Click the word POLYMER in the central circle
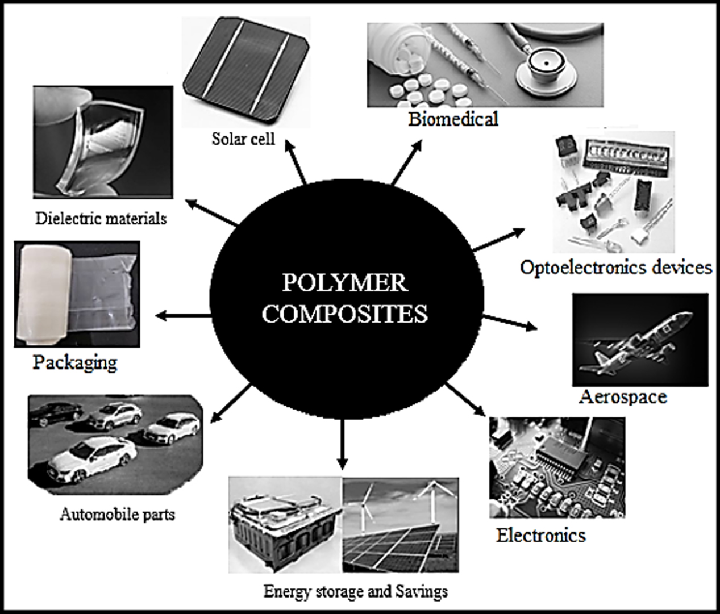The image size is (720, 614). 344,283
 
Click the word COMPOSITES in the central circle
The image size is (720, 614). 344,314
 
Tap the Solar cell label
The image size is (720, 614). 243,139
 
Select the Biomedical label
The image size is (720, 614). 453,119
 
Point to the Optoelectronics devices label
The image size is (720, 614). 616,267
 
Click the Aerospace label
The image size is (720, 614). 623,396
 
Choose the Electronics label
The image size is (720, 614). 540,534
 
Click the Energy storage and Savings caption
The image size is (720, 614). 355,591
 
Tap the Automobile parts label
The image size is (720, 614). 117,515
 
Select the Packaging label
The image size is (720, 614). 74,362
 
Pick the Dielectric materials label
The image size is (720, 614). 101,218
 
